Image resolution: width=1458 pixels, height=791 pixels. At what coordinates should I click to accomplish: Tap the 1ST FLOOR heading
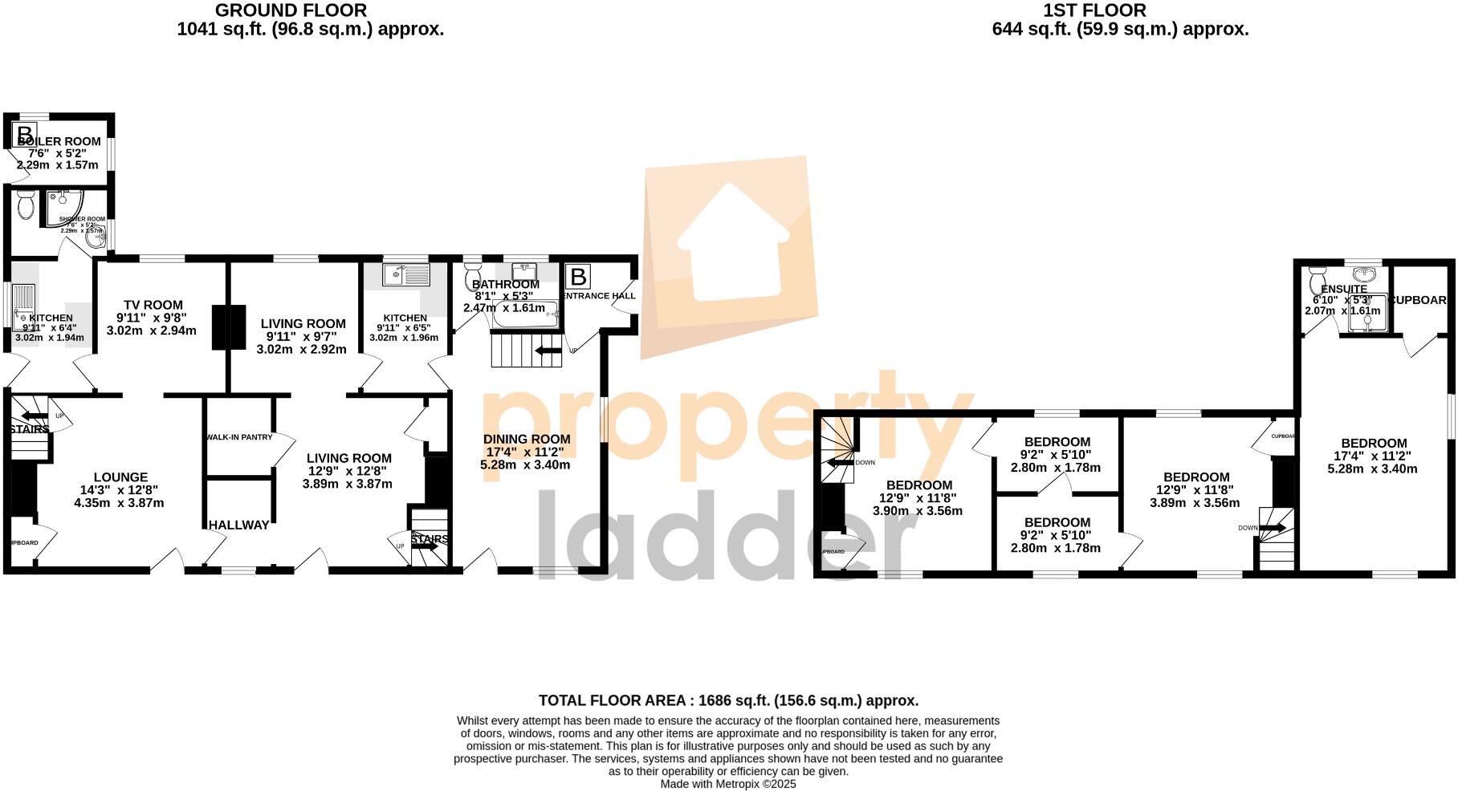coord(1093,10)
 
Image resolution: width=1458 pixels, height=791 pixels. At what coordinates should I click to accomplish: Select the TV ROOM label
coord(153,305)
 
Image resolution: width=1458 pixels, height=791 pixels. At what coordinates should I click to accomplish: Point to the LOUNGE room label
coord(120,477)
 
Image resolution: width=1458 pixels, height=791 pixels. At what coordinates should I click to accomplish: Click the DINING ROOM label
coord(527,439)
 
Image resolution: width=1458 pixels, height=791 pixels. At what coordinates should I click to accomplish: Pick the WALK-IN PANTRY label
coord(239,437)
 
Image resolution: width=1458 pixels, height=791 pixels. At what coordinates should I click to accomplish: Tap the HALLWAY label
coord(238,525)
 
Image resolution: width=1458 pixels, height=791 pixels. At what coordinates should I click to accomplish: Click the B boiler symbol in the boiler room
coord(25,134)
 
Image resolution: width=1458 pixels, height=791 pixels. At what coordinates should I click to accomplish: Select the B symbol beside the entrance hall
coord(577,278)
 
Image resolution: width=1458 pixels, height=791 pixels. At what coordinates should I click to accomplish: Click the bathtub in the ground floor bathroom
coord(526,315)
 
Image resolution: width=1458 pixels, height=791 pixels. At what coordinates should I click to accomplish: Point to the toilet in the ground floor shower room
coord(25,205)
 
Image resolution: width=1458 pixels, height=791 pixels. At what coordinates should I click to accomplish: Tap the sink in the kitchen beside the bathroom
coord(407,275)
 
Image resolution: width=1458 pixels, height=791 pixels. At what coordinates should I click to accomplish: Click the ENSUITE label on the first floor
coord(1344,289)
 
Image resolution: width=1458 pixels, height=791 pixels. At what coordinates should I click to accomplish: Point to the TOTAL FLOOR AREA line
coord(728,700)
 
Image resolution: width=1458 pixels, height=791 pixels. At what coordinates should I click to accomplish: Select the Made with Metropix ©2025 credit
coord(728,784)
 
